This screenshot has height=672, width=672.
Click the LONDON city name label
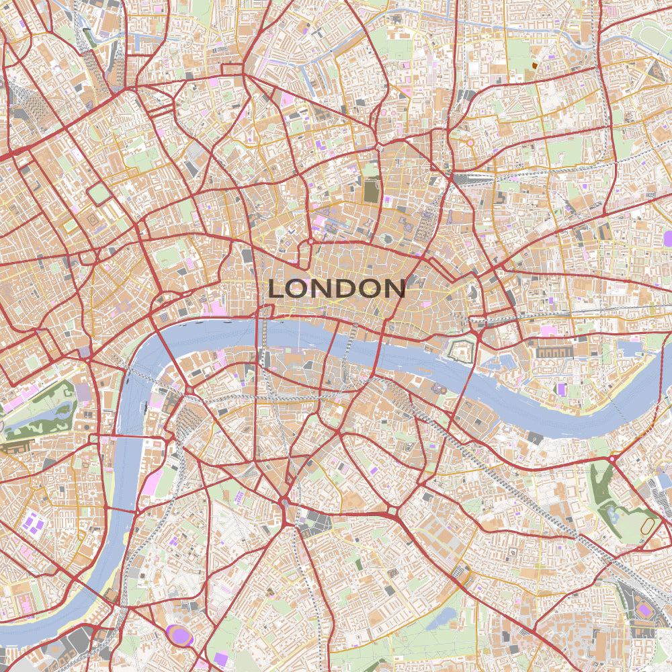coord(337,288)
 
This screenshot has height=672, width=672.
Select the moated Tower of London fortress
coord(462,349)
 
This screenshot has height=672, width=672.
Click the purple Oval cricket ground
coord(179,635)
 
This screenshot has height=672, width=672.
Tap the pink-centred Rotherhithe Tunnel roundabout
coord(613,459)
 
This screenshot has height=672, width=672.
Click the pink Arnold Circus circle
coord(470,142)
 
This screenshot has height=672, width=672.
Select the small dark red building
coord(535,65)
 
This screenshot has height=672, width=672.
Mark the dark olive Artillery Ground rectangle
coord(371,191)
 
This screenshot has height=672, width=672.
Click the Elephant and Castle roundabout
coord(286,503)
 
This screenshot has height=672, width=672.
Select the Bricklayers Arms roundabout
coord(392,514)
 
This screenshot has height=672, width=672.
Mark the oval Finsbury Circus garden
coord(388,238)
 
